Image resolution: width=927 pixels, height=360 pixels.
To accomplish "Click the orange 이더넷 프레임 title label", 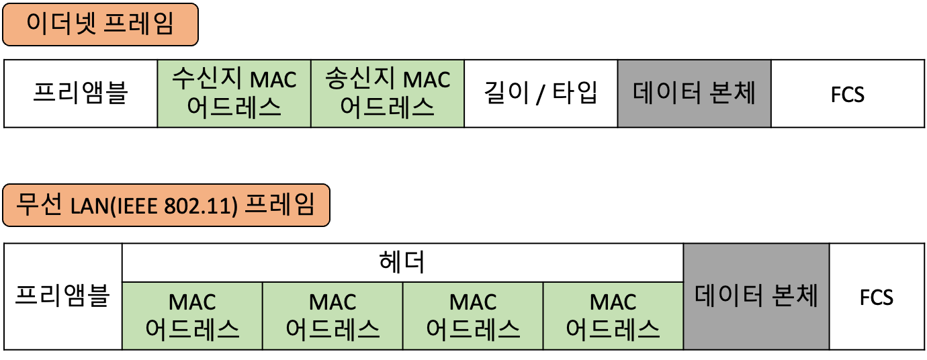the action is [100, 25].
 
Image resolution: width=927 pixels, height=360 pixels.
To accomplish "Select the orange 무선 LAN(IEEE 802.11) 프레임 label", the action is [166, 205].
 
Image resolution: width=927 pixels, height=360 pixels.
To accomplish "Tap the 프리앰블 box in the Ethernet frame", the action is [81, 93].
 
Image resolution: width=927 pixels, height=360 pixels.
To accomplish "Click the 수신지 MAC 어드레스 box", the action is [234, 93].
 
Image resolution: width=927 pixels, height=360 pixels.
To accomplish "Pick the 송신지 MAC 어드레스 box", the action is [387, 93].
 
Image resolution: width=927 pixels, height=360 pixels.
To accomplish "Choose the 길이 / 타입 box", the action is [540, 93].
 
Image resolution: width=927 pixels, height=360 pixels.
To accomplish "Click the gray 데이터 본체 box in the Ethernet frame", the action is [694, 93].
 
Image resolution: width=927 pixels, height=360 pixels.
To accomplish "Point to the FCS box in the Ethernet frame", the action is [847, 93].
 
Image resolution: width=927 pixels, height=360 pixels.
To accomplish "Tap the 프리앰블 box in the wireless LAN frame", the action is [63, 296].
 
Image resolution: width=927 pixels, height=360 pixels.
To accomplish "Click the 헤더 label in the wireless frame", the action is [402, 262].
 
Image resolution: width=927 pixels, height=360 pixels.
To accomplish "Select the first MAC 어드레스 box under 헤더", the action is [192, 315].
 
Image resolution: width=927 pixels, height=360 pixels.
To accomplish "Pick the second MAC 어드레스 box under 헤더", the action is [333, 315].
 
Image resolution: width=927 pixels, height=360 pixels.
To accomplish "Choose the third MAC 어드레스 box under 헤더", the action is [473, 315].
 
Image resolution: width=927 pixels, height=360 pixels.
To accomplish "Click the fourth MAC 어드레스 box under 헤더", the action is [613, 315].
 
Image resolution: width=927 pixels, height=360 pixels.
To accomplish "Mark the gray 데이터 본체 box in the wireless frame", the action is [756, 296].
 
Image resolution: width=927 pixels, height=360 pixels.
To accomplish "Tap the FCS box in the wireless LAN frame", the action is [877, 296].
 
